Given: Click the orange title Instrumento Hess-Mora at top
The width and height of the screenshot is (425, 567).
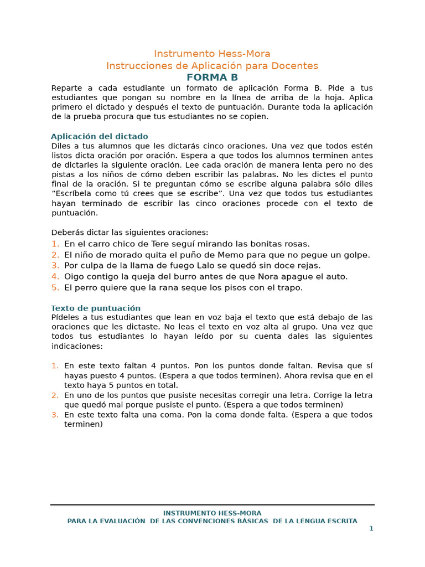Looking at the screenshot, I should coord(212,54).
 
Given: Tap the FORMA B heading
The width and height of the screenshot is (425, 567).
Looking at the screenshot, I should coord(212,78).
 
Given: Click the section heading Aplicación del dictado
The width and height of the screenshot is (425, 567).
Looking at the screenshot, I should coord(99,136).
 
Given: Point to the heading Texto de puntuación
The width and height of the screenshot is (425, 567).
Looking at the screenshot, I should coord(96,308).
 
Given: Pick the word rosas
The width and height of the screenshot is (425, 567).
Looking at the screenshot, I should coord(296,244).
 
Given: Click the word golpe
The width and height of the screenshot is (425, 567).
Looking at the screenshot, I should coord(356,255).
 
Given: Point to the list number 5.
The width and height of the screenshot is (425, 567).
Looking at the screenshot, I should coord(55,288).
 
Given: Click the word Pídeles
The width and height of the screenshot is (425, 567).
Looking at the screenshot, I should coord(66,317).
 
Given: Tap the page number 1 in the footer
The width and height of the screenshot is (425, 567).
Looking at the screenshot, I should coord(371,528).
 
